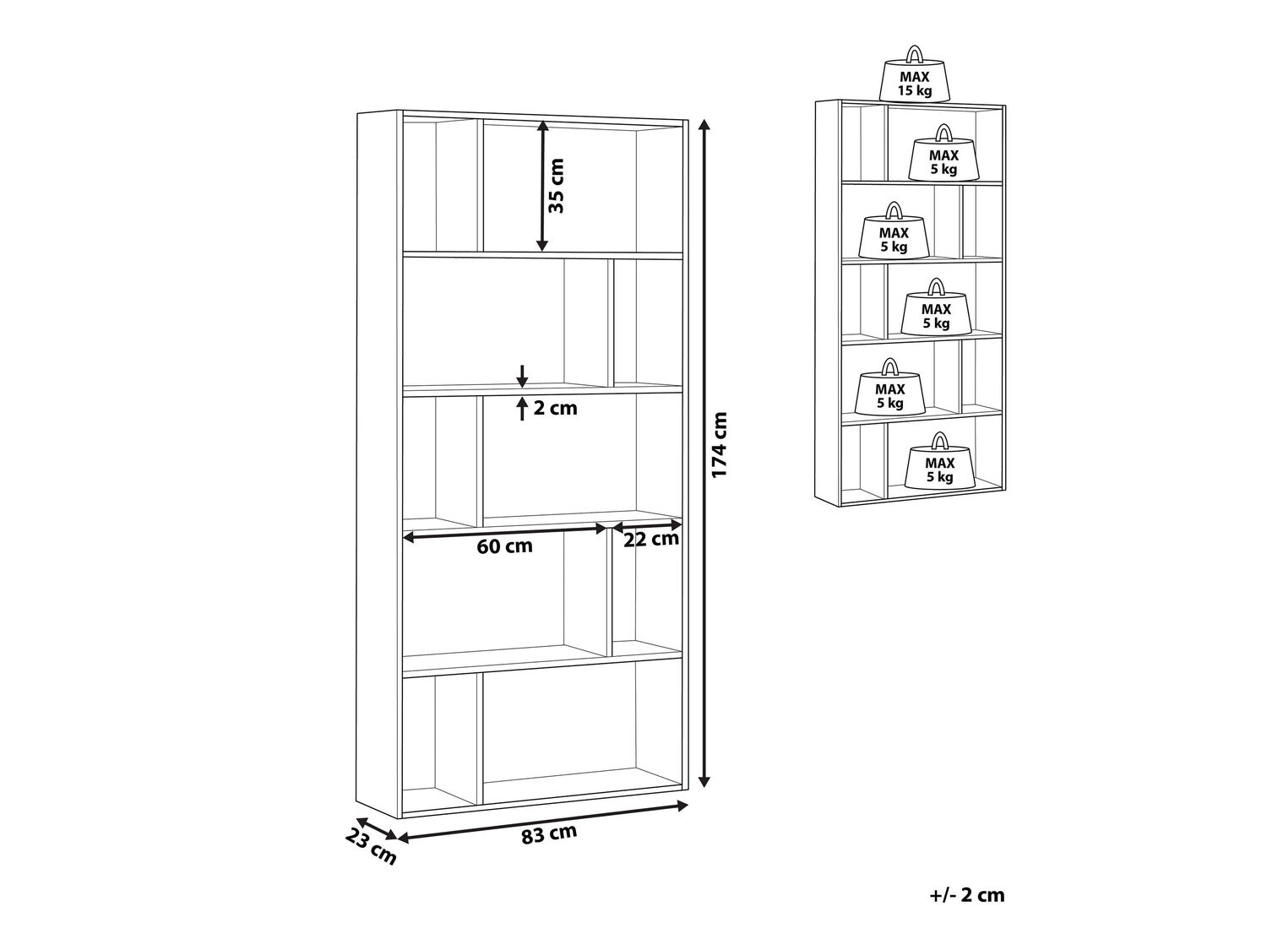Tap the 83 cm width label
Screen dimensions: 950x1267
(x=549, y=834)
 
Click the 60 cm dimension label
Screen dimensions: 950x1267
(x=505, y=546)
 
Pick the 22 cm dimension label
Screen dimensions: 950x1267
(x=651, y=540)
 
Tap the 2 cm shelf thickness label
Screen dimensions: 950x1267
(x=555, y=409)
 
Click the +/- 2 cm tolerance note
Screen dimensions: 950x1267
(x=966, y=895)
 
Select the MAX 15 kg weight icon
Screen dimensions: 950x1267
(x=915, y=78)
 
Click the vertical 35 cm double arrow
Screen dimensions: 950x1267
(x=542, y=186)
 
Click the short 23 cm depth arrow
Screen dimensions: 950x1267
(x=376, y=828)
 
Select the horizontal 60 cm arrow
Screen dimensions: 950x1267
(x=505, y=530)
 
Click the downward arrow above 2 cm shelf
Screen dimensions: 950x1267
(x=523, y=375)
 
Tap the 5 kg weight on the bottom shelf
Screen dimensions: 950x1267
(x=939, y=464)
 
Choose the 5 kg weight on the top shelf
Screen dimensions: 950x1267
(x=943, y=156)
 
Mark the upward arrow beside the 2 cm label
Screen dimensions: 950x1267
(x=523, y=407)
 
